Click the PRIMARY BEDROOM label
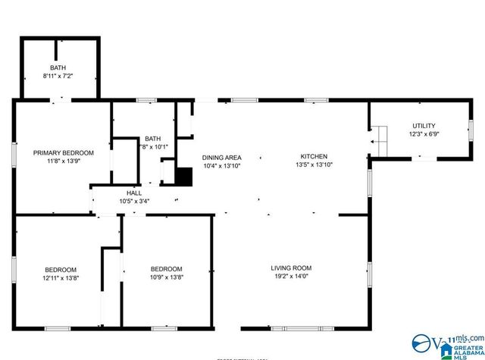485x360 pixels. click(x=64, y=152)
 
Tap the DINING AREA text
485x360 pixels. click(x=221, y=157)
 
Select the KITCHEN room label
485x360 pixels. click(x=313, y=156)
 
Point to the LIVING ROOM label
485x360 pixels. click(x=291, y=268)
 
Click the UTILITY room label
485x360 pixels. click(x=424, y=126)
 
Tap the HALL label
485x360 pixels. click(x=134, y=193)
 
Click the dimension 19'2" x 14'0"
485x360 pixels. click(x=291, y=277)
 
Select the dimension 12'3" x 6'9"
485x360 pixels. click(x=424, y=134)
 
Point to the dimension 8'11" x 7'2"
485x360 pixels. click(x=58, y=77)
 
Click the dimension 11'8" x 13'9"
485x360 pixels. click(x=64, y=161)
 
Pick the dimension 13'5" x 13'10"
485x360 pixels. click(x=313, y=164)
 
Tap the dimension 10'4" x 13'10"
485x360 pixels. click(x=221, y=165)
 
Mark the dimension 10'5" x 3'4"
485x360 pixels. click(x=134, y=201)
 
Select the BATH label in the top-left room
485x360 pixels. click(x=58, y=68)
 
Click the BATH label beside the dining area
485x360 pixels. click(x=153, y=139)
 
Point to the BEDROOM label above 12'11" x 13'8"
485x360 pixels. click(x=60, y=270)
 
